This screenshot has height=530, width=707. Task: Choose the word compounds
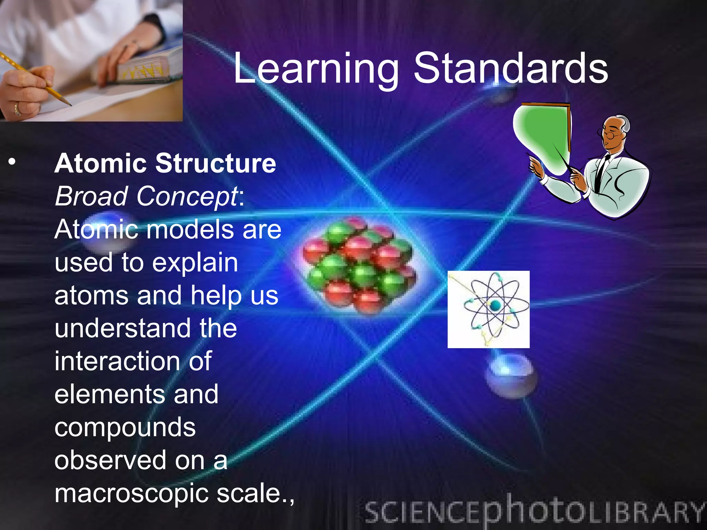tap(125, 427)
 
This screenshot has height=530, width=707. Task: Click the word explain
tap(195, 263)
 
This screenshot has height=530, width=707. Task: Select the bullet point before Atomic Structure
tap(12, 162)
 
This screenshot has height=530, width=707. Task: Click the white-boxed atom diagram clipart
tap(488, 309)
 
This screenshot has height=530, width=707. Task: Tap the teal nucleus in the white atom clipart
tap(495, 305)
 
